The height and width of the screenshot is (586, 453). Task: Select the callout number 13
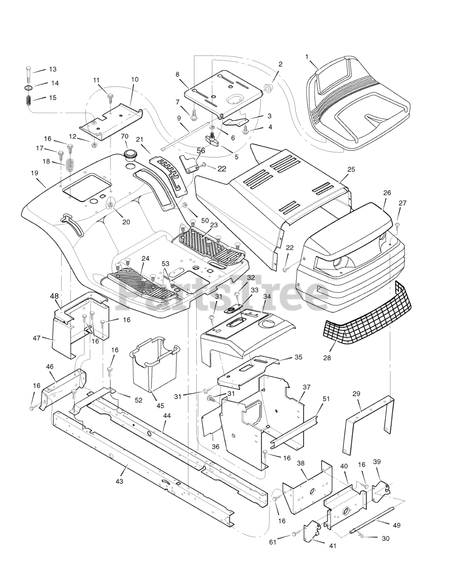(x=53, y=69)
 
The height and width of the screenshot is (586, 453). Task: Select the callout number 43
(x=120, y=481)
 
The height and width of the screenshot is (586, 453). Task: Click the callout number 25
(x=351, y=169)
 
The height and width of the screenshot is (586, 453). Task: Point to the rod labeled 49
(x=371, y=522)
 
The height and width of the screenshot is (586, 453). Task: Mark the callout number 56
(x=201, y=150)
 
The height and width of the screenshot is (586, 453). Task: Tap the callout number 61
(x=273, y=543)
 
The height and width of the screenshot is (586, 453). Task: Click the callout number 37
(x=306, y=387)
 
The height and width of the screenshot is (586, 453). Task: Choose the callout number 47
(x=37, y=338)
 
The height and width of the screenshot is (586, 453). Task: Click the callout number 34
(x=267, y=297)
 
